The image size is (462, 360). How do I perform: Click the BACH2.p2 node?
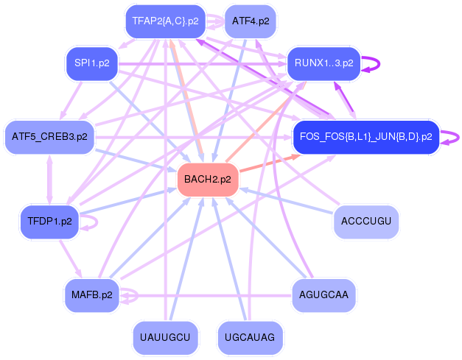point(207,180)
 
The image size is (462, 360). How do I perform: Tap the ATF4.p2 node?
point(250,21)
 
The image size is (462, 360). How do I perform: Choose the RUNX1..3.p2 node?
point(323,63)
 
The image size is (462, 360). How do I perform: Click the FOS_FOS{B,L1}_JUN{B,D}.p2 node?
point(365,136)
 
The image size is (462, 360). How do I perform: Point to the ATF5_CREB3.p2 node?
point(49,136)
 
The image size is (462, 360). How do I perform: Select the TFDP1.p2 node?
point(49,221)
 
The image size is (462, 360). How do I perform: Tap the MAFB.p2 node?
point(91,295)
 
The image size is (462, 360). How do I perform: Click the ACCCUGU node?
point(365,221)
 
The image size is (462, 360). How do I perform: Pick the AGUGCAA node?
point(323,295)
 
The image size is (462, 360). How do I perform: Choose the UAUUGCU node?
point(165,337)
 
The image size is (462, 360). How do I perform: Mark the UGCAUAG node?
point(250,337)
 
